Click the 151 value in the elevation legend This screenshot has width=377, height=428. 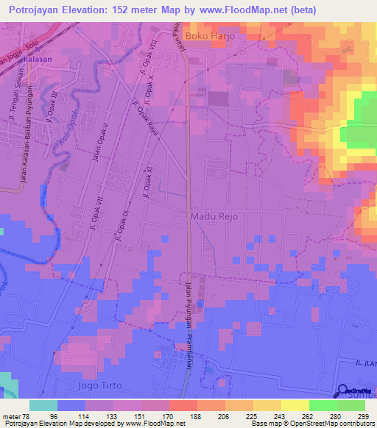141,415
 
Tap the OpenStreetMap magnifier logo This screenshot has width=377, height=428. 344,391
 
